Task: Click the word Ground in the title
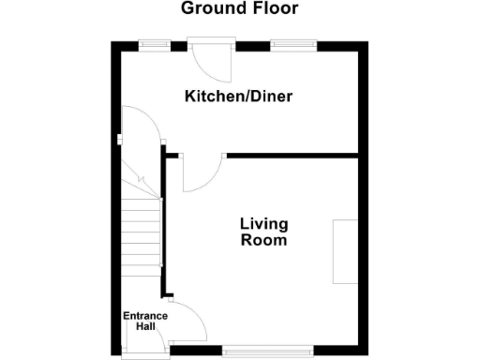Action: pyautogui.click(x=210, y=9)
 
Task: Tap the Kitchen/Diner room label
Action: pyautogui.click(x=232, y=97)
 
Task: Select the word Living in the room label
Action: pyautogui.click(x=263, y=224)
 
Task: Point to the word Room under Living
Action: pyautogui.click(x=263, y=240)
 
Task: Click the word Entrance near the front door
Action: pyautogui.click(x=145, y=316)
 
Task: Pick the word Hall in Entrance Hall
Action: pyautogui.click(x=145, y=327)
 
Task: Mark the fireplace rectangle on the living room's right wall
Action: pyautogui.click(x=345, y=251)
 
